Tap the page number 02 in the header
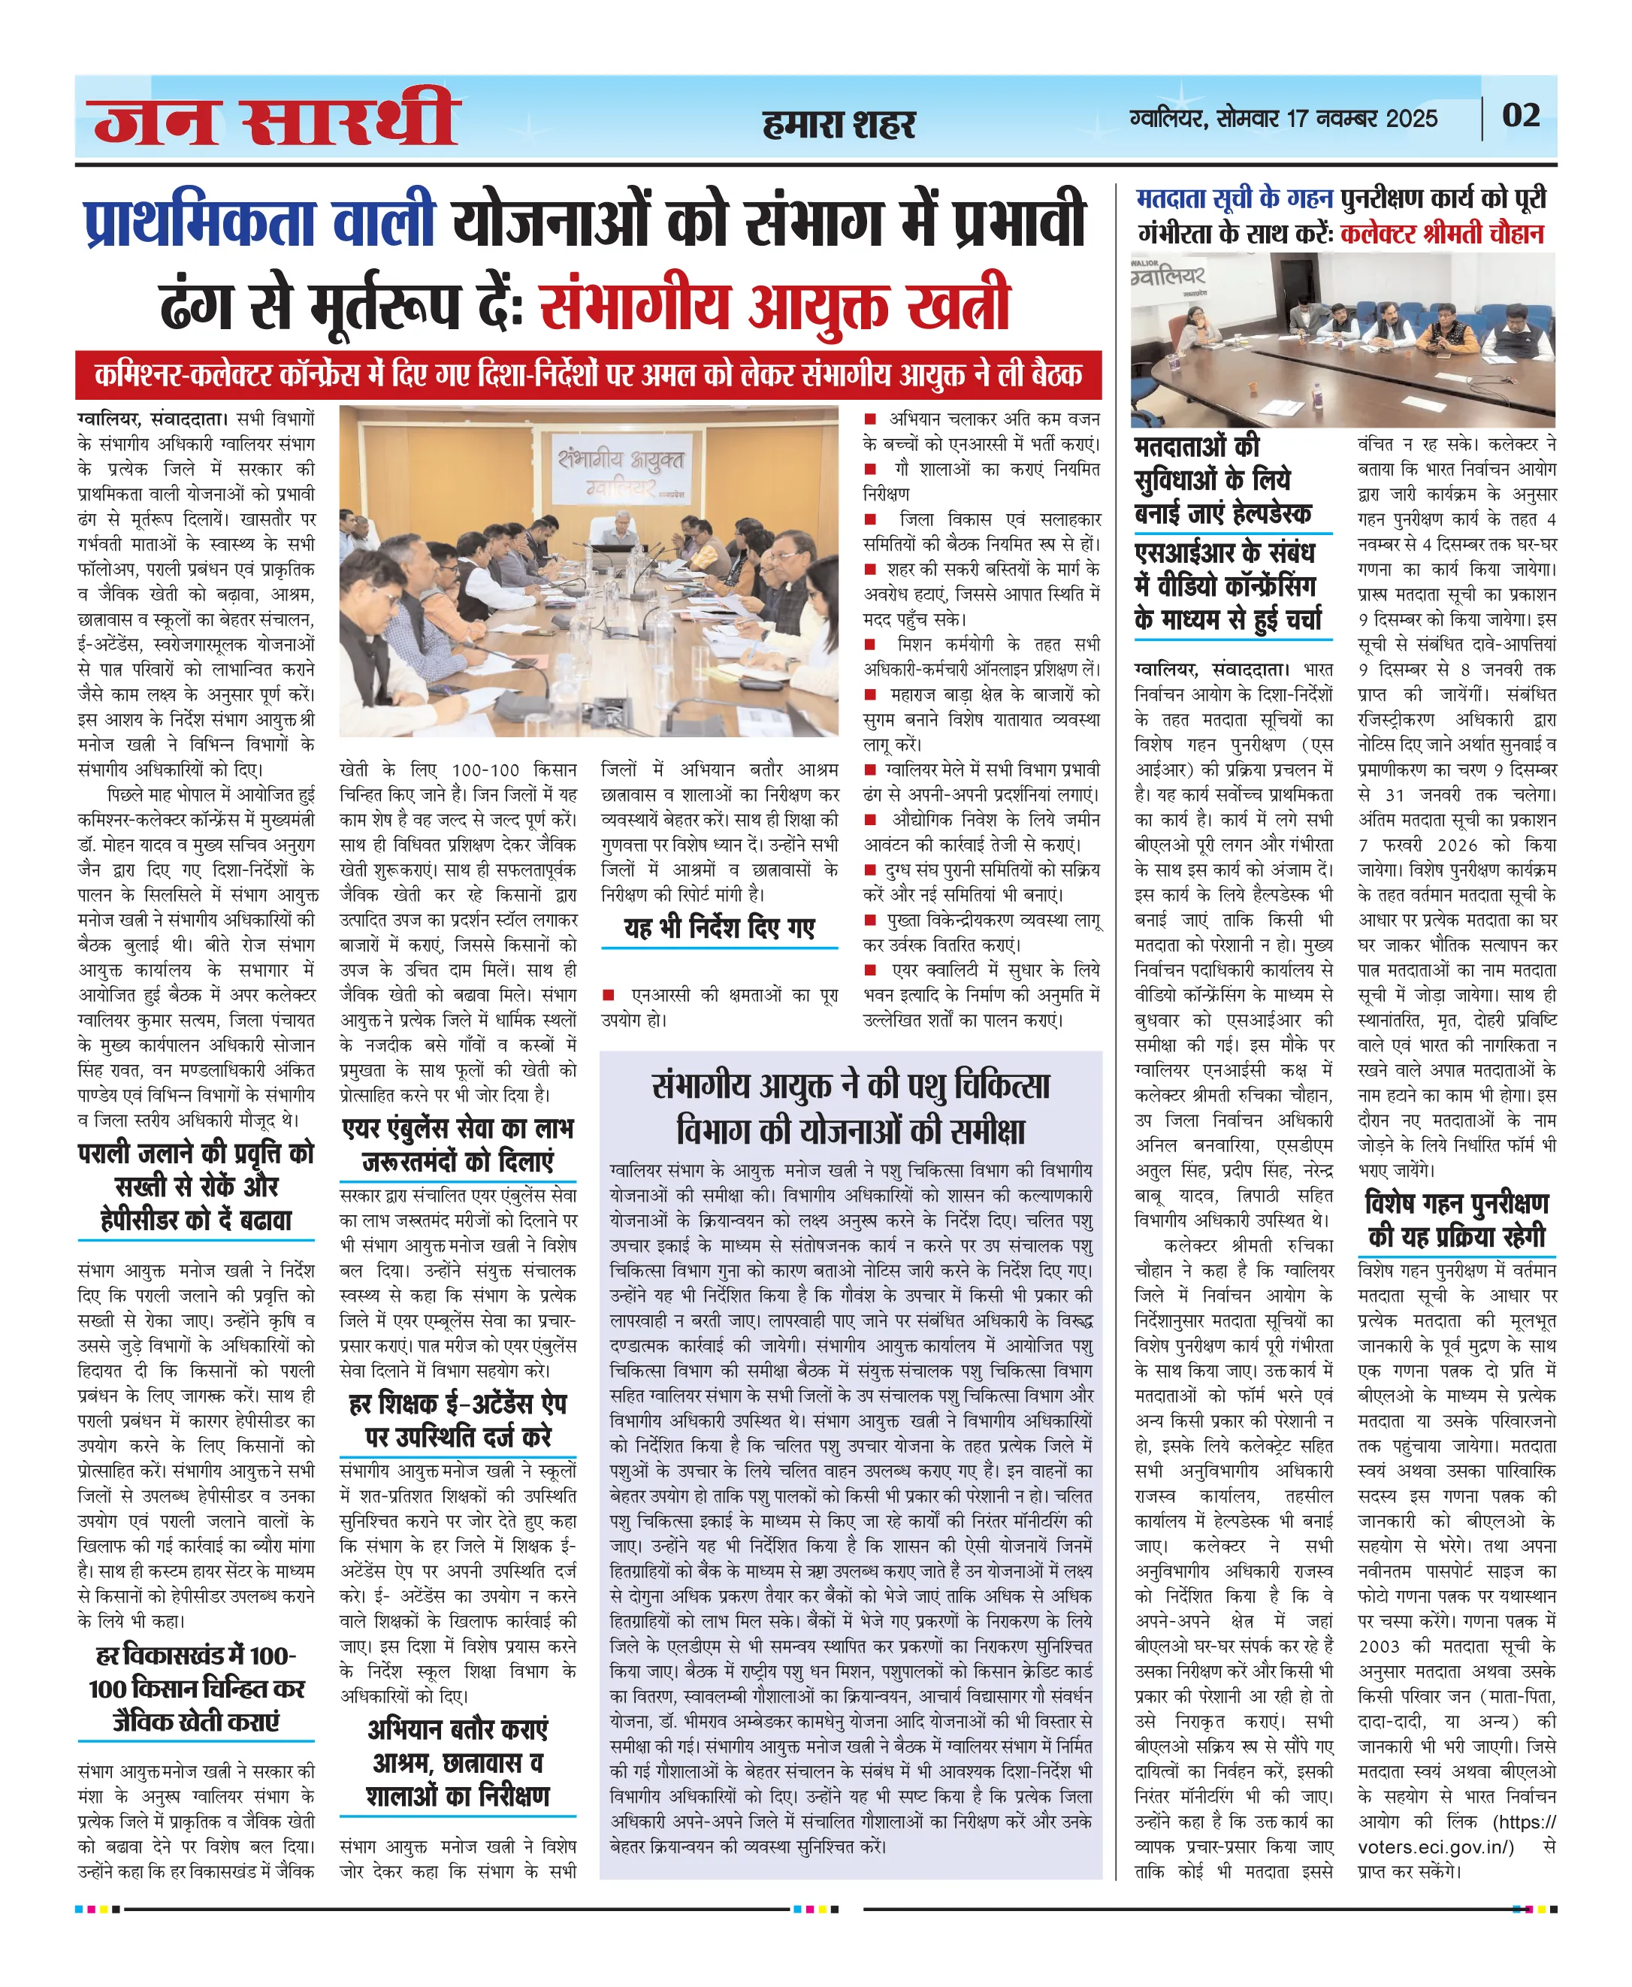click(x=1520, y=116)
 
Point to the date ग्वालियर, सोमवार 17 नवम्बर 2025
click(x=1283, y=119)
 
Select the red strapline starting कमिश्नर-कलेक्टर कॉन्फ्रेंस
click(x=588, y=374)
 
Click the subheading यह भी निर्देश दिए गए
click(x=719, y=928)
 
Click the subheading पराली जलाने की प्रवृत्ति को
click(x=195, y=1153)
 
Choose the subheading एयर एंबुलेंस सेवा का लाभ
click(x=458, y=1129)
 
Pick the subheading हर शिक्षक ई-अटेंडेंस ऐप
click(x=458, y=1404)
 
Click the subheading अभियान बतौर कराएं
click(x=458, y=1729)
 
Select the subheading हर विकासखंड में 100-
click(x=195, y=1655)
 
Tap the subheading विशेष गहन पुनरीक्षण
click(x=1456, y=1204)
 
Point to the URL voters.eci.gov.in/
click(x=1437, y=1847)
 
